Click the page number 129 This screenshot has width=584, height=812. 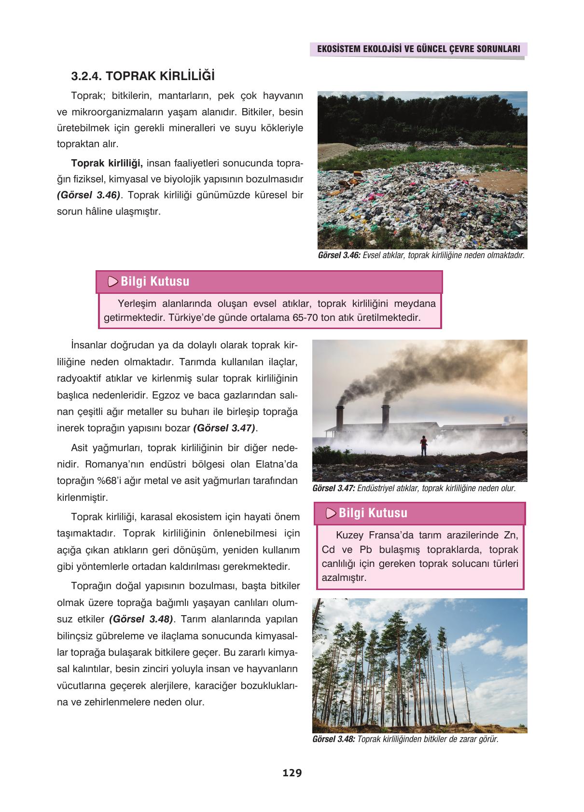click(292, 773)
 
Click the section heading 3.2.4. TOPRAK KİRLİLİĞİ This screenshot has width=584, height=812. click(143, 76)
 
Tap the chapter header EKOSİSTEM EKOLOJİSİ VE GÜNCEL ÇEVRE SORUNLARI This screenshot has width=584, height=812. click(417, 49)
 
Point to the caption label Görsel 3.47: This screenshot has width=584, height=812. click(334, 488)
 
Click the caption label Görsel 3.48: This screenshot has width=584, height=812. click(334, 739)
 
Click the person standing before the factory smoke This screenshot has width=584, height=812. click(423, 445)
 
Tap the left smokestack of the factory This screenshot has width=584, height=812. click(340, 417)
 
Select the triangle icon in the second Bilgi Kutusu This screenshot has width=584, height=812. click(331, 513)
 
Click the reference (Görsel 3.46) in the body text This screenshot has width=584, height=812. click(88, 195)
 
